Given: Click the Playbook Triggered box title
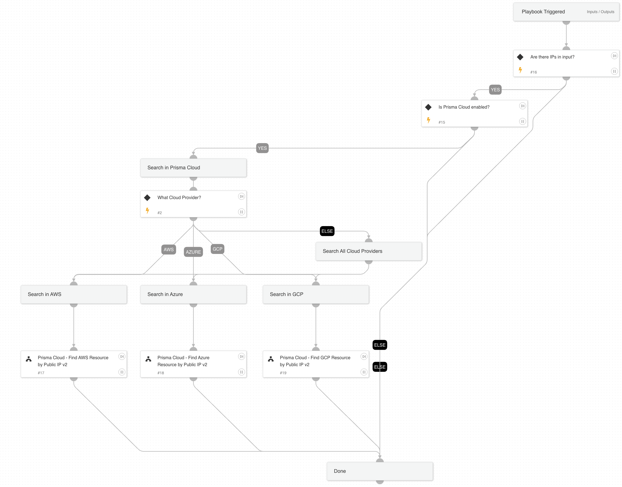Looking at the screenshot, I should pyautogui.click(x=543, y=12).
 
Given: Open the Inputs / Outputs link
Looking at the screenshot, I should pyautogui.click(x=600, y=12).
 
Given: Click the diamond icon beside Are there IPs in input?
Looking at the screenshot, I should pyautogui.click(x=520, y=57).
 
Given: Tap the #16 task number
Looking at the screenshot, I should pyautogui.click(x=534, y=72).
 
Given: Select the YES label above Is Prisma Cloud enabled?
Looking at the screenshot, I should pyautogui.click(x=495, y=90).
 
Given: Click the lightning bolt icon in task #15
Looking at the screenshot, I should pyautogui.click(x=428, y=120).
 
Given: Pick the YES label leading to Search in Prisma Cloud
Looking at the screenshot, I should pyautogui.click(x=262, y=148).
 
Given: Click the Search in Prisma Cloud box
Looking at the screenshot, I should pyautogui.click(x=193, y=168).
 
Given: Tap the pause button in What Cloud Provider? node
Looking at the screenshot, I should pyautogui.click(x=241, y=212).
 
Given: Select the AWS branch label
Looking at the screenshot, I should pyautogui.click(x=168, y=249).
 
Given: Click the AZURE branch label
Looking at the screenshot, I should pyautogui.click(x=193, y=252).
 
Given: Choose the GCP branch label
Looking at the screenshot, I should pyautogui.click(x=217, y=249).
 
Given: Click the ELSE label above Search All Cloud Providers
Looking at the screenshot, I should pyautogui.click(x=327, y=231).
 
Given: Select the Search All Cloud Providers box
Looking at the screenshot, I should pyautogui.click(x=368, y=251).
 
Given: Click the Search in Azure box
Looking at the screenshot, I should pyautogui.click(x=193, y=294).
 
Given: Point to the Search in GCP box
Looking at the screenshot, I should pyautogui.click(x=316, y=294).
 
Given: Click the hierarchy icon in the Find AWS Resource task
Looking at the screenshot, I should pyautogui.click(x=29, y=359).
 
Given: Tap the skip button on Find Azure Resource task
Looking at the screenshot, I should pyautogui.click(x=241, y=356).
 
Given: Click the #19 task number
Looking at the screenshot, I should pyautogui.click(x=283, y=373).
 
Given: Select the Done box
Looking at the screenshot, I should pyautogui.click(x=380, y=471).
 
